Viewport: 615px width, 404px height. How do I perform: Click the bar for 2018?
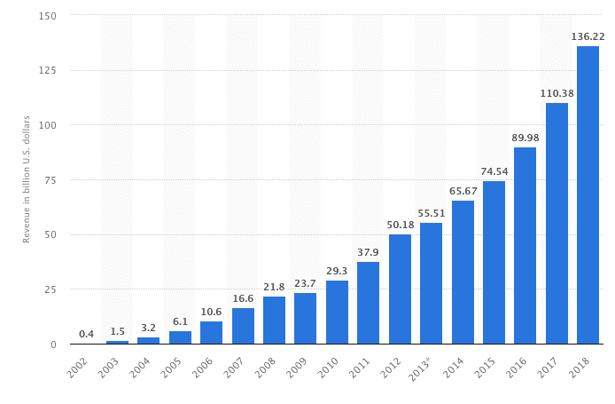click(x=588, y=195)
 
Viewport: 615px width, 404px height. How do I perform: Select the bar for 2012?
click(x=400, y=289)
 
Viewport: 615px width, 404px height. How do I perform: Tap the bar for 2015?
click(x=494, y=263)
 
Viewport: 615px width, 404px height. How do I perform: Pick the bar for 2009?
click(x=305, y=319)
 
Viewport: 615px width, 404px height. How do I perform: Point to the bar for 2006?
click(x=211, y=333)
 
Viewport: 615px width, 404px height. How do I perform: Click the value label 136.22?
click(x=588, y=37)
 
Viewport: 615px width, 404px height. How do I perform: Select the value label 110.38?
click(x=557, y=93)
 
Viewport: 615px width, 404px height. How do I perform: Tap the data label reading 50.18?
click(x=400, y=225)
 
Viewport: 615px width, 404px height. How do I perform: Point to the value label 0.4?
click(x=86, y=334)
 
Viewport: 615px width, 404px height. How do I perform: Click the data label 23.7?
click(x=305, y=283)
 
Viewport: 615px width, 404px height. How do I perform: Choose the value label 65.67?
click(x=463, y=191)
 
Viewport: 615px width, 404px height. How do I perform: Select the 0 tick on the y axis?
click(x=54, y=345)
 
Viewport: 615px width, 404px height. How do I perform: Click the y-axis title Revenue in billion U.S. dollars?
click(x=27, y=179)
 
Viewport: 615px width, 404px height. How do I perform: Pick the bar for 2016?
click(x=525, y=246)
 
